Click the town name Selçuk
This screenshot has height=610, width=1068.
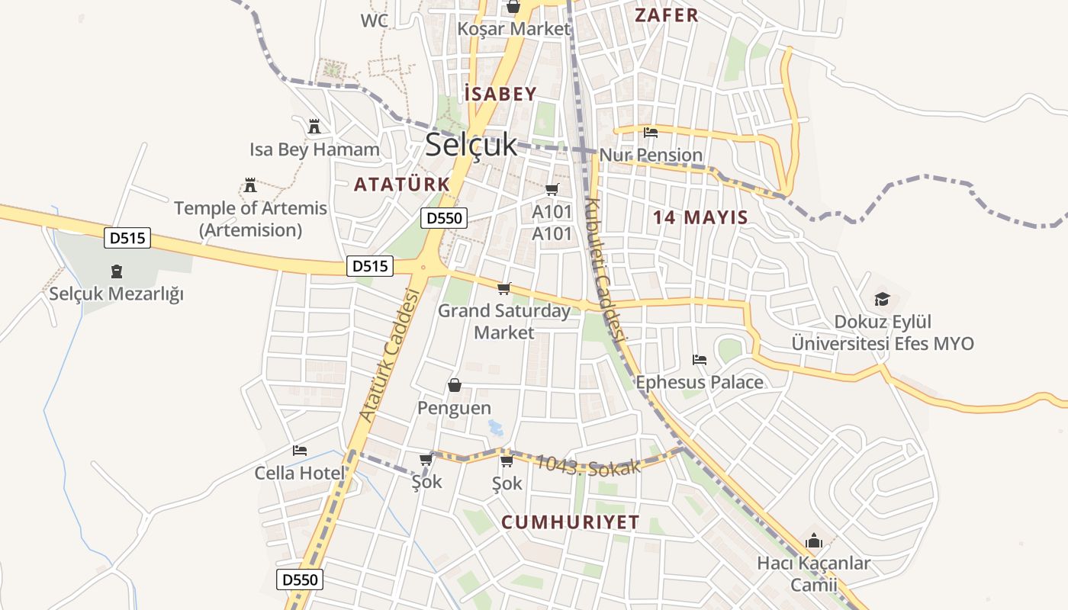(x=471, y=144)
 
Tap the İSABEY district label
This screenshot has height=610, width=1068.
(x=500, y=94)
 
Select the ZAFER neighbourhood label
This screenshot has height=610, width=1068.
(x=667, y=15)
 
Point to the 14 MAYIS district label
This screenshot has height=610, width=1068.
(x=700, y=217)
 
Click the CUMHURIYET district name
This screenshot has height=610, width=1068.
(x=571, y=522)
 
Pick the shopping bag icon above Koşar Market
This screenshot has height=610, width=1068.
(x=513, y=7)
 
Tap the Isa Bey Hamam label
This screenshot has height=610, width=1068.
(x=314, y=149)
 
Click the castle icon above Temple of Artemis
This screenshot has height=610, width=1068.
(x=249, y=185)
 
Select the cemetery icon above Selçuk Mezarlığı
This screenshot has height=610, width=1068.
(x=117, y=271)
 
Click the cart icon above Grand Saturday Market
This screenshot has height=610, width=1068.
(x=503, y=288)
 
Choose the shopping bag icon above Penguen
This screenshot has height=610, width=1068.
(x=455, y=385)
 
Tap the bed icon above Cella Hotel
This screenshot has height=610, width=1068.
(x=300, y=451)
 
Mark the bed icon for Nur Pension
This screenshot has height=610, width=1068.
(x=651, y=133)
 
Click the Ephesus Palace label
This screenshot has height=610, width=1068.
(x=700, y=382)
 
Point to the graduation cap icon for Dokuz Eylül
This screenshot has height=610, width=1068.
(x=882, y=299)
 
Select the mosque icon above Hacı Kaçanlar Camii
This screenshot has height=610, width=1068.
(x=814, y=541)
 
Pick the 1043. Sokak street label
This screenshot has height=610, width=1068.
(x=587, y=465)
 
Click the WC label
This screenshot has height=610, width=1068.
(x=375, y=21)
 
